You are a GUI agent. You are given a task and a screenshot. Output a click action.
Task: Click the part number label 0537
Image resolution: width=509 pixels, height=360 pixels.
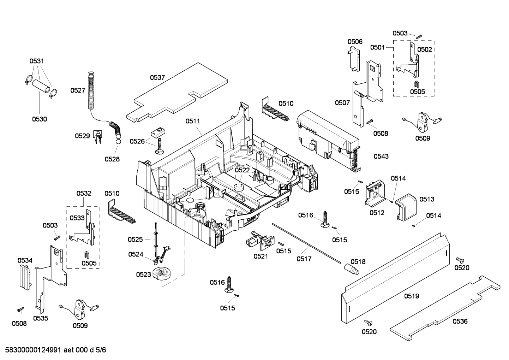pyautogui.click(x=157, y=78)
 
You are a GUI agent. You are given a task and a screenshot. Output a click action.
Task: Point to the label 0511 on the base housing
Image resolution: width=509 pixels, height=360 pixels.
pyautogui.click(x=193, y=121)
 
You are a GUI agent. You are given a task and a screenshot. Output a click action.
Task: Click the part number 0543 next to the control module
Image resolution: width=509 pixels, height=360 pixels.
pyautogui.click(x=381, y=156)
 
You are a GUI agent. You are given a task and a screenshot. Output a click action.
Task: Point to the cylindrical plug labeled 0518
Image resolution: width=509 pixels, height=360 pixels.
pyautogui.click(x=352, y=269)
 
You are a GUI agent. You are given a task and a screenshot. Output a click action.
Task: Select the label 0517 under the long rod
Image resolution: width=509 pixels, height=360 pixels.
pyautogui.click(x=304, y=259)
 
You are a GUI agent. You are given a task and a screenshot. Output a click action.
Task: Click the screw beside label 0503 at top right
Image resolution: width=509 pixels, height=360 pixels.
pyautogui.click(x=419, y=36)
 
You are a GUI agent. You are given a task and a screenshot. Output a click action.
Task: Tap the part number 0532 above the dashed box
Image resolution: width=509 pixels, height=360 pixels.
pyautogui.click(x=84, y=194)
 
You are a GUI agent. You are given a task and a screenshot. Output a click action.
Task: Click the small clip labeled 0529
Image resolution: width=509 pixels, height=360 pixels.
pyautogui.click(x=97, y=137)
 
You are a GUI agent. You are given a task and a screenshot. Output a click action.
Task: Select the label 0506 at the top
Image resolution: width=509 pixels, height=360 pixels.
pyautogui.click(x=355, y=42)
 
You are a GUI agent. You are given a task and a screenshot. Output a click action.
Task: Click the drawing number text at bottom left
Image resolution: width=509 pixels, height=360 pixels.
pyautogui.click(x=54, y=350)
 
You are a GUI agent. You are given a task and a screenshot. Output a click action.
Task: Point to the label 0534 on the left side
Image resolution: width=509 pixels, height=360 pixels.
pyautogui.click(x=25, y=260)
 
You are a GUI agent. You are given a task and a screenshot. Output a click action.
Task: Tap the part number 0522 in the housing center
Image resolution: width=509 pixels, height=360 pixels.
pyautogui.click(x=242, y=170)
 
